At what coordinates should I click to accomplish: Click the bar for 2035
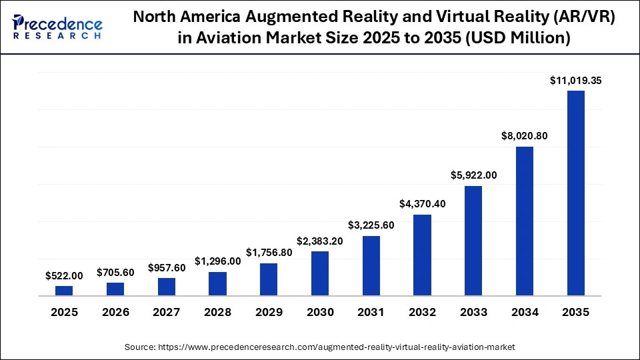coord(575,193)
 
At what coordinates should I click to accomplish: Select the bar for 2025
coord(64,291)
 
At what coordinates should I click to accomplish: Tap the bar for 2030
coord(320,273)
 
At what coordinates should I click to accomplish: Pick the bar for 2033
coord(473,241)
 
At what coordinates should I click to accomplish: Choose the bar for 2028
coord(217,283)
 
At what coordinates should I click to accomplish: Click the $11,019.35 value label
coord(576,81)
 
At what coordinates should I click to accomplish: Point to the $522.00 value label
coord(64,275)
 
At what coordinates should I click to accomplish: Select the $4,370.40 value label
coord(422,203)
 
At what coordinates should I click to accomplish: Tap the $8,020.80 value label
coord(525,136)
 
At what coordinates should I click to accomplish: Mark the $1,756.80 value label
coord(269,253)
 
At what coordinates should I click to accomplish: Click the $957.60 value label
coord(166,267)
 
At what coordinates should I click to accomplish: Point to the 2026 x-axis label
coord(115,312)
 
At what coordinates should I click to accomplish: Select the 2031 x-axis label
coord(371,312)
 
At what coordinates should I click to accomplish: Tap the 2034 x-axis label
coord(525,312)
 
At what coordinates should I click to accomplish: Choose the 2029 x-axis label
coord(269,312)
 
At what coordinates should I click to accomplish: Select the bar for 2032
coord(422,255)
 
